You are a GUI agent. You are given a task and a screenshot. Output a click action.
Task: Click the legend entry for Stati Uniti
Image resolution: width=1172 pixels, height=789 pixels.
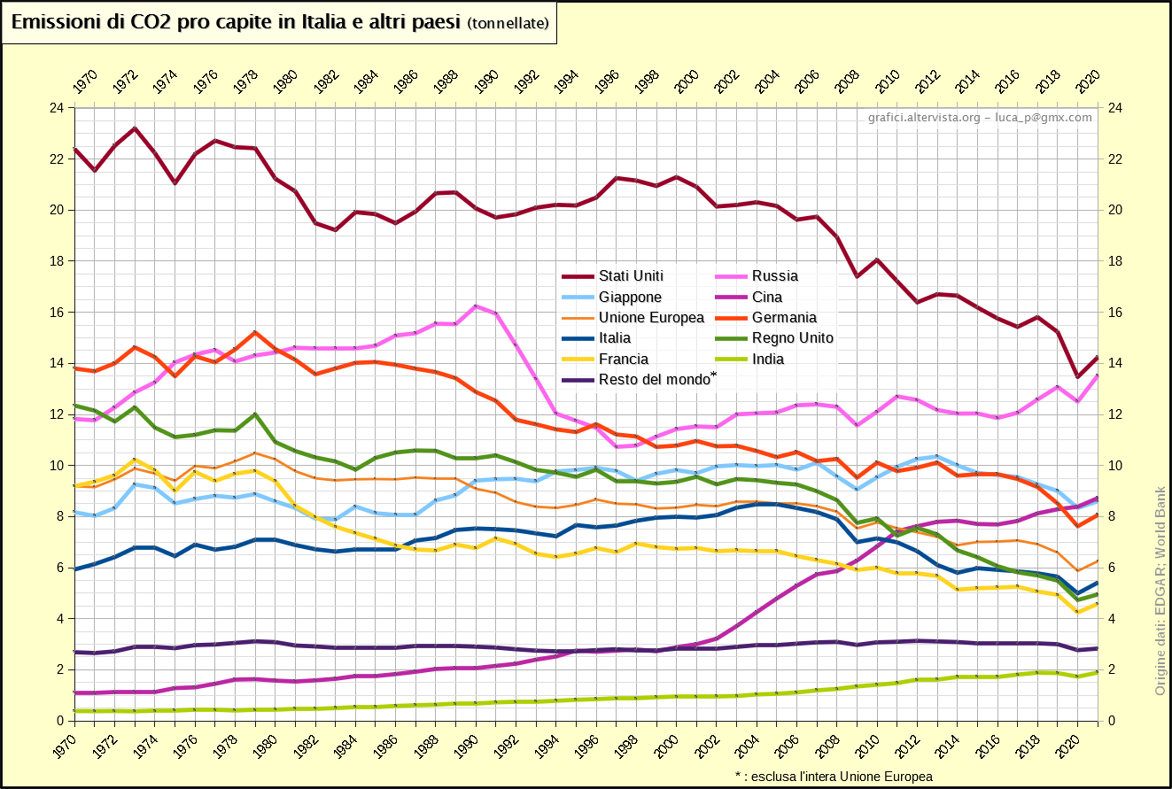click(x=631, y=276)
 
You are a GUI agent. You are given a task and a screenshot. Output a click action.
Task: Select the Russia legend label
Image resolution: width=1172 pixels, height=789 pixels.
click(x=774, y=276)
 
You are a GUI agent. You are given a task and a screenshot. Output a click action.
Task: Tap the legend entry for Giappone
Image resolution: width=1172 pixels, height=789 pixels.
click(x=630, y=298)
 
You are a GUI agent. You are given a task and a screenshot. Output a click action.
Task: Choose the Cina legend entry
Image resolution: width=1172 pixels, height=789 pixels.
click(x=767, y=298)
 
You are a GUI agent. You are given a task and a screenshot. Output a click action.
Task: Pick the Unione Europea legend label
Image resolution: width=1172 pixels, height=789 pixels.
click(x=651, y=318)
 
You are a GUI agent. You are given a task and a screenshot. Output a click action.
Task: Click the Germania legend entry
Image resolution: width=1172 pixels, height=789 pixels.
click(x=784, y=318)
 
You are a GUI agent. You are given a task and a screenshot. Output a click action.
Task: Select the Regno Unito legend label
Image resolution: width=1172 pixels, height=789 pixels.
click(x=792, y=338)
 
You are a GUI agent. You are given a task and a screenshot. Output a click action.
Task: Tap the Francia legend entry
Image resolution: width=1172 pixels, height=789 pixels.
click(x=624, y=360)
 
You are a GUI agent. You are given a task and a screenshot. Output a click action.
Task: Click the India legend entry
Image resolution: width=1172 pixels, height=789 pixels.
click(x=767, y=360)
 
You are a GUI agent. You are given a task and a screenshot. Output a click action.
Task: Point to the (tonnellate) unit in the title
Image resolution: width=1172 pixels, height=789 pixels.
click(x=508, y=24)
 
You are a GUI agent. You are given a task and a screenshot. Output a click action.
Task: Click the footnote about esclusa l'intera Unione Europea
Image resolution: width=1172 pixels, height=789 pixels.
click(x=834, y=777)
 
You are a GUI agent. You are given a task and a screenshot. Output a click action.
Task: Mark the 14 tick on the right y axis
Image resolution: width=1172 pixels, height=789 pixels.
click(x=1114, y=363)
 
